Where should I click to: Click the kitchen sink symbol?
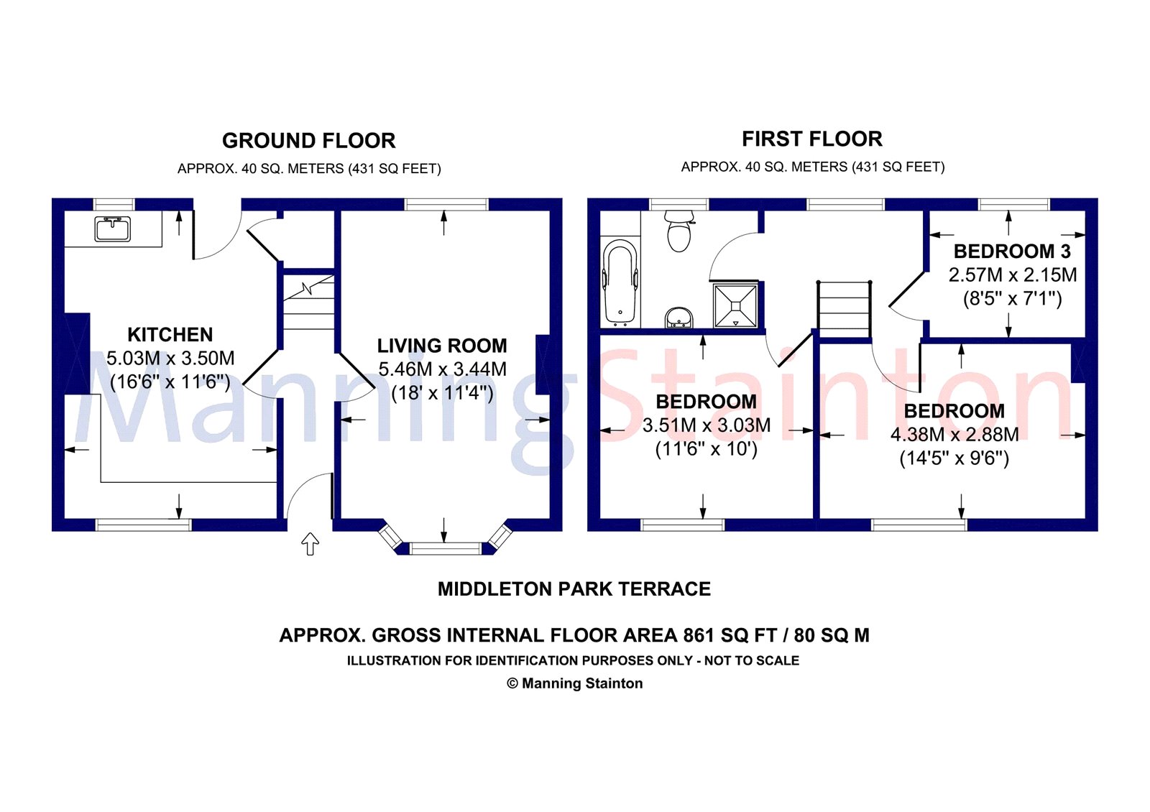pyautogui.click(x=113, y=229)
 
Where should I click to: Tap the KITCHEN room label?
pyautogui.click(x=170, y=335)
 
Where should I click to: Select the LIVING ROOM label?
pyautogui.click(x=442, y=346)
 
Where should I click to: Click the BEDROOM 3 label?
pyautogui.click(x=1012, y=252)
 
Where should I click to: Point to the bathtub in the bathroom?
pyautogui.click(x=620, y=282)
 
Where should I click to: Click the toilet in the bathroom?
pyautogui.click(x=678, y=230)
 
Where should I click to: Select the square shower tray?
pyautogui.click(x=735, y=305)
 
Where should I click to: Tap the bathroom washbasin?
pyautogui.click(x=678, y=317)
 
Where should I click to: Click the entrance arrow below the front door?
pyautogui.click(x=310, y=544)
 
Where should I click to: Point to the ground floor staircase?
pyautogui.click(x=308, y=303)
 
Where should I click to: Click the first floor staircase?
pyautogui.click(x=845, y=308)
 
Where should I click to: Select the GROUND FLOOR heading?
pyautogui.click(x=308, y=140)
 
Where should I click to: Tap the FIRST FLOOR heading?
pyautogui.click(x=812, y=139)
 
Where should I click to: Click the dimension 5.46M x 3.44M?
pyautogui.click(x=442, y=369)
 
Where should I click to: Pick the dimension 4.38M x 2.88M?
pyautogui.click(x=954, y=435)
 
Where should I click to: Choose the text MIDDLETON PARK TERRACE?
pyautogui.click(x=574, y=589)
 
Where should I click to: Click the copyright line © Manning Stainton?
pyautogui.click(x=574, y=683)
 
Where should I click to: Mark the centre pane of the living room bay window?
pyautogui.click(x=445, y=549)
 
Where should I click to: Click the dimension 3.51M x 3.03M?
pyautogui.click(x=707, y=425)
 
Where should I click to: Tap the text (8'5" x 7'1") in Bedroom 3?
pyautogui.click(x=1012, y=298)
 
